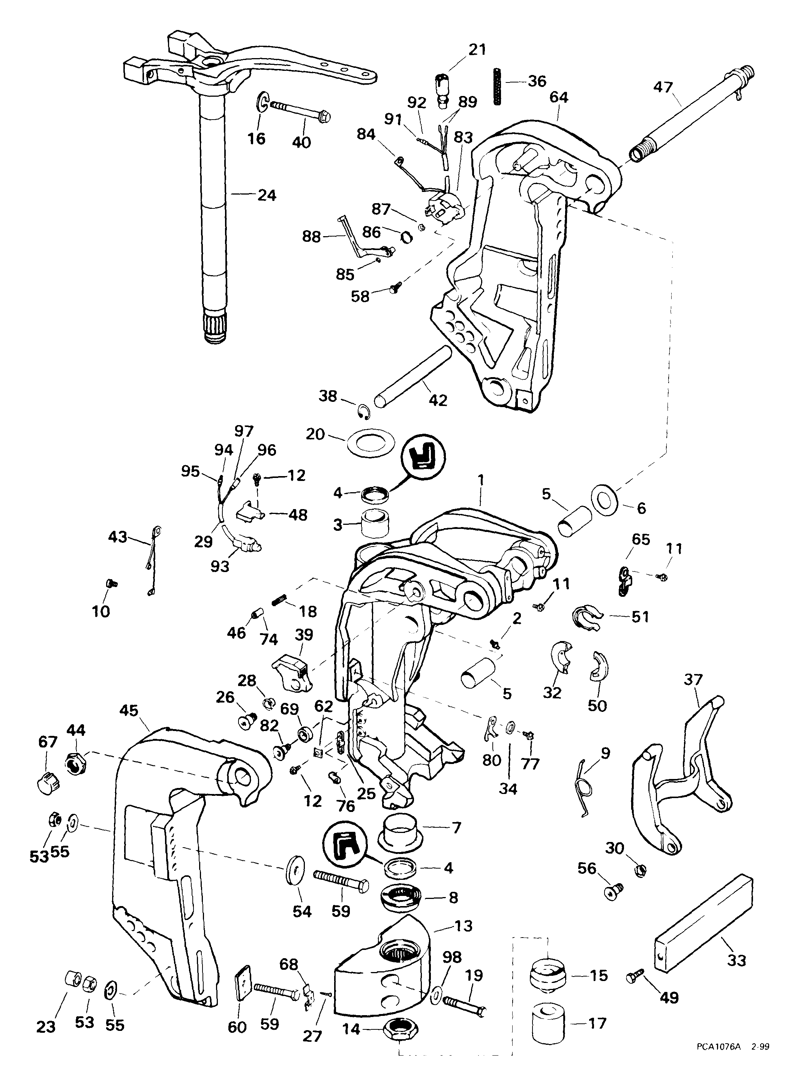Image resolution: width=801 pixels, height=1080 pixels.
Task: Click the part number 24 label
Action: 267,195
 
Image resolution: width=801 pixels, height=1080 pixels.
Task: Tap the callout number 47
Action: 663,87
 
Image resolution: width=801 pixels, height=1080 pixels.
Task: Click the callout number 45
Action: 129,711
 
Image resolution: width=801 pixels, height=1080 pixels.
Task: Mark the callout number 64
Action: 559,97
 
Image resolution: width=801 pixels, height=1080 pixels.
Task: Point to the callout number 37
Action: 693,680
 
